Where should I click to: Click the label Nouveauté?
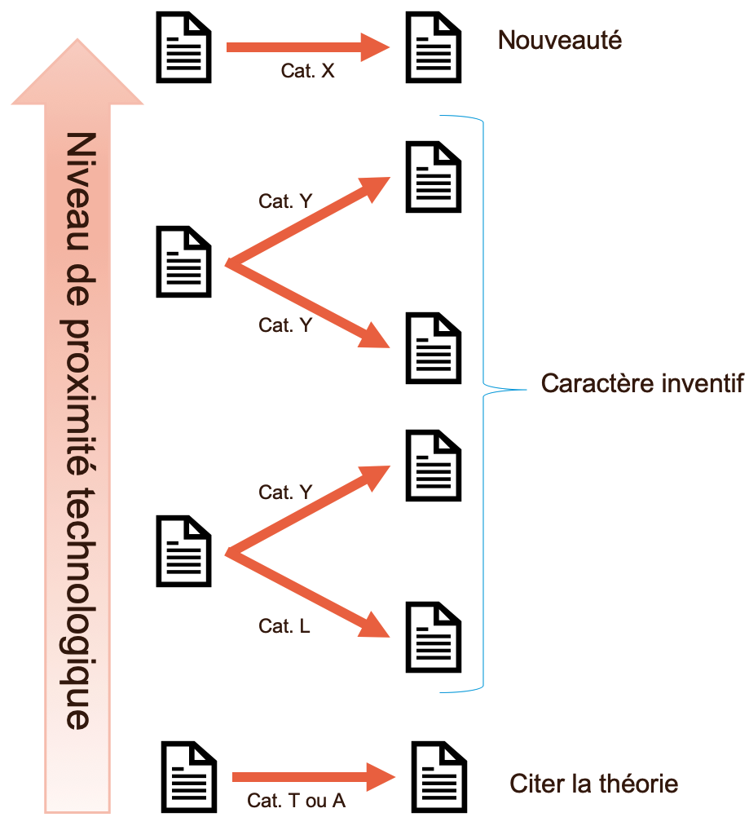click(559, 40)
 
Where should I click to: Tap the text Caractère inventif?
click(642, 383)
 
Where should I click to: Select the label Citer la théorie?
click(593, 784)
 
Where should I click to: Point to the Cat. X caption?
click(307, 71)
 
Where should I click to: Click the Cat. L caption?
click(284, 626)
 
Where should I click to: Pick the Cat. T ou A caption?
click(296, 801)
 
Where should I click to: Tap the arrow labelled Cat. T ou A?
click(311, 777)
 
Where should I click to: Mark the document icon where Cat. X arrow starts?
click(183, 47)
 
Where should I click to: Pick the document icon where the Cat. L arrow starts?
click(183, 550)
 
